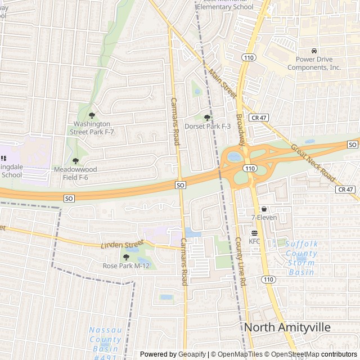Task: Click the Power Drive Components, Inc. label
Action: pyautogui.click(x=314, y=64)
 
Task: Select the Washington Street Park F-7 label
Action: pyautogui.click(x=92, y=128)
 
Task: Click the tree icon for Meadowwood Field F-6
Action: pyautogui.click(x=75, y=161)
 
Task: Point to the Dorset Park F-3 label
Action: pyautogui.click(x=208, y=127)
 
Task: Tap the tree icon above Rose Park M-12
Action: pyautogui.click(x=109, y=256)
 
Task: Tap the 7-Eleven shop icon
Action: pyautogui.click(x=264, y=209)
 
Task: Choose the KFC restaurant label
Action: pyautogui.click(x=254, y=241)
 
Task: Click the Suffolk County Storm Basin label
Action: pyautogui.click(x=301, y=258)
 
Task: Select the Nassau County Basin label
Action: pyautogui.click(x=105, y=340)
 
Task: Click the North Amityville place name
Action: pyautogui.click(x=287, y=328)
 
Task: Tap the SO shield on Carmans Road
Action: pyautogui.click(x=180, y=185)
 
